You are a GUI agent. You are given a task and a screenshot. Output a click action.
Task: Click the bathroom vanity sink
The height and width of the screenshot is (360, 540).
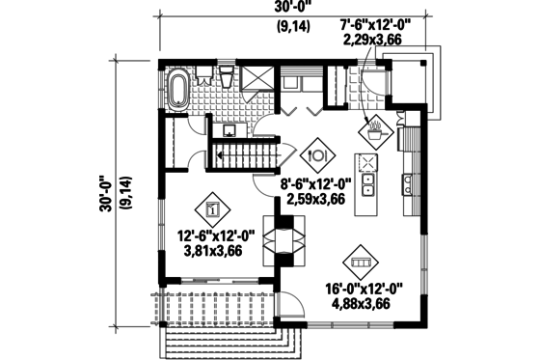[230, 128]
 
